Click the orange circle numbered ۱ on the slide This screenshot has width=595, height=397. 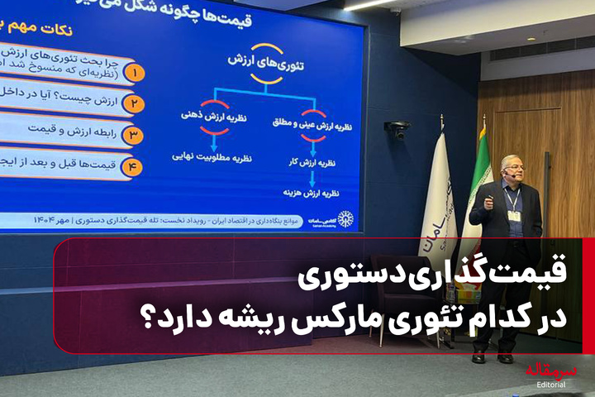point(133,72)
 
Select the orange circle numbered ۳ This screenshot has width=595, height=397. point(133,135)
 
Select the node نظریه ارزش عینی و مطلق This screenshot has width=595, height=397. point(313,125)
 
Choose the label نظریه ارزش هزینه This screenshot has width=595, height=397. point(312,196)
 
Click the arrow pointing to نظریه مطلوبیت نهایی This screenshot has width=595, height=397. point(214,141)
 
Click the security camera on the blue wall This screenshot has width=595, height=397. point(397,129)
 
